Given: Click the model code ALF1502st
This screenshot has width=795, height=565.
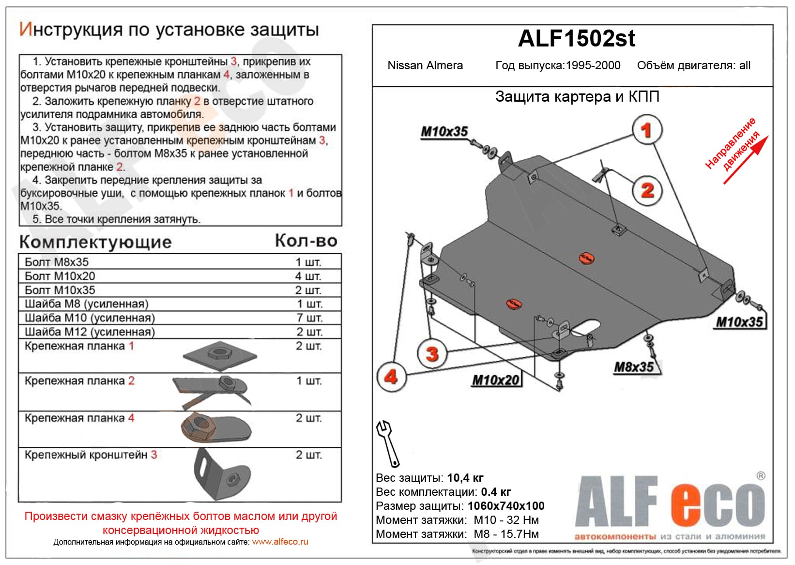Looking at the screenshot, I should tap(576, 39).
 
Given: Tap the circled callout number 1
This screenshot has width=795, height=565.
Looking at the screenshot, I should tap(646, 130).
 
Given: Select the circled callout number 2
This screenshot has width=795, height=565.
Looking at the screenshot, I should tap(647, 190).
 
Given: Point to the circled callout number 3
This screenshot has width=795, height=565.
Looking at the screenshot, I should tap(432, 353).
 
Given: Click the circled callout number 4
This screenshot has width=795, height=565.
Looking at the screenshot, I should tap(391, 376).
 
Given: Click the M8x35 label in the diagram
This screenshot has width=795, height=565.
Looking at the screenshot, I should tap(634, 367).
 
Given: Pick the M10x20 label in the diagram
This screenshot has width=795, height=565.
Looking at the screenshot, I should tap(496, 380).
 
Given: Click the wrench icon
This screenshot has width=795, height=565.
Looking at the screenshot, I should tap(387, 443).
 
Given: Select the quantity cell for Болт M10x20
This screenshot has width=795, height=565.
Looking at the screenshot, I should tap(308, 276).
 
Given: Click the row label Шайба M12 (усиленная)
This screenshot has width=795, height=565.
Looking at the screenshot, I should tap(90, 332).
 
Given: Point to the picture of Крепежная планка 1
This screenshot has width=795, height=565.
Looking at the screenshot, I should tap(220, 355).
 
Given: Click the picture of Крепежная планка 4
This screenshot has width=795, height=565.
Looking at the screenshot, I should tap(216, 428).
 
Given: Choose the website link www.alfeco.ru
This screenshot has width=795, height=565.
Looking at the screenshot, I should tap(280, 542).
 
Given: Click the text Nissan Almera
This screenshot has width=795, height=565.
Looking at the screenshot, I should tap(425, 65).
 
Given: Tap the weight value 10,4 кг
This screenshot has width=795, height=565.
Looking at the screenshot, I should tap(465, 478).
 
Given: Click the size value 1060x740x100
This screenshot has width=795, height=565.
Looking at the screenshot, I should tap(506, 506).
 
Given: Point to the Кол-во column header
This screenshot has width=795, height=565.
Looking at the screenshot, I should tap(306, 241).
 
